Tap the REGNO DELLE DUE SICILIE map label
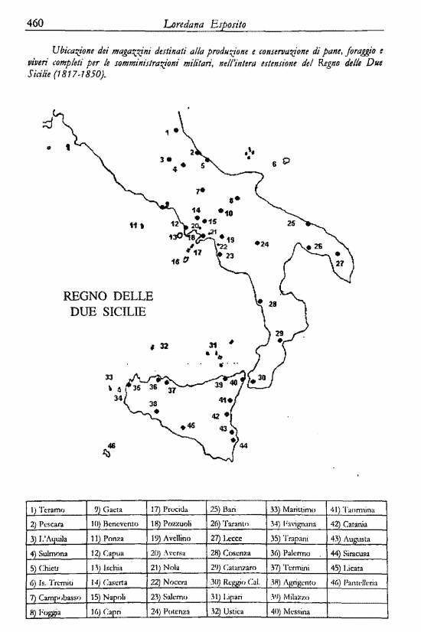point(108,304)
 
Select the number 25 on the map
point(291,223)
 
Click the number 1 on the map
point(168,132)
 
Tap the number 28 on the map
point(272,305)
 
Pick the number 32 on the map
point(164,346)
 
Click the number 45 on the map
point(191,425)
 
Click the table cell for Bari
point(230,509)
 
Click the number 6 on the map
point(274,164)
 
